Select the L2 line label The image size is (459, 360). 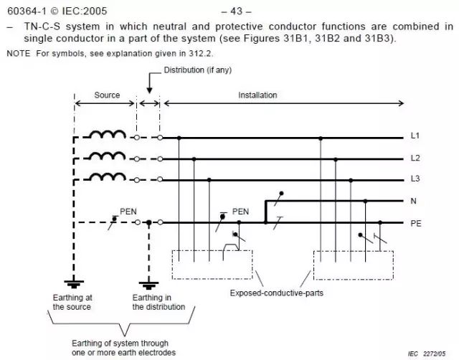tap(415, 158)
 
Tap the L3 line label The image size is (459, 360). tap(415, 178)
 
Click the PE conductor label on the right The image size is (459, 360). tap(416, 223)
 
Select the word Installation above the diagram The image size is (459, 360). tap(257, 95)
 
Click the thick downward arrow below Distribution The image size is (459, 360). tap(149, 87)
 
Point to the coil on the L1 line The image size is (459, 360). tap(103, 134)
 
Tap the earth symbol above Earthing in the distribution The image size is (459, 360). tap(148, 283)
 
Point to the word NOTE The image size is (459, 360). tap(19, 54)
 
